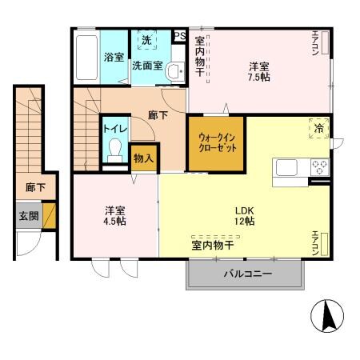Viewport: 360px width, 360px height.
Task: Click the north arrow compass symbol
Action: [x=327, y=316]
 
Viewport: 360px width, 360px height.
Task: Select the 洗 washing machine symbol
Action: [x=146, y=40]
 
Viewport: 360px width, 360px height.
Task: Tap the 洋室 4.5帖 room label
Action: [x=114, y=216]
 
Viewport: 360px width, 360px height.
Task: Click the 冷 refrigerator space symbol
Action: [x=318, y=128]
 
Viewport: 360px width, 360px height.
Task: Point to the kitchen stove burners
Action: [x=319, y=167]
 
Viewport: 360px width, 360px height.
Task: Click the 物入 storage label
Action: [x=144, y=158]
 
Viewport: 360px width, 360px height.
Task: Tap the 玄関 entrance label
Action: [x=28, y=215]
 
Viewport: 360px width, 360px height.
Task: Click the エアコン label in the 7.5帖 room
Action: [x=315, y=45]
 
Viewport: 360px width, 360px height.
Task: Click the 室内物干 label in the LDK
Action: [x=212, y=245]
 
